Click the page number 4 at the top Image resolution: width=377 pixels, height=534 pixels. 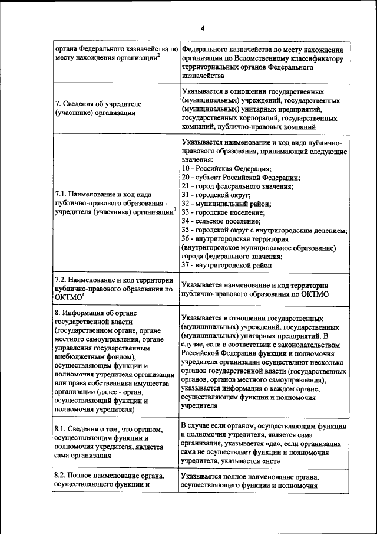[x=201, y=28]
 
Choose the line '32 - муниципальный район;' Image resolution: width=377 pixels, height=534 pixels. [x=226, y=204]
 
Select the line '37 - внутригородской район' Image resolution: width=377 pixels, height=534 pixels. [x=226, y=265]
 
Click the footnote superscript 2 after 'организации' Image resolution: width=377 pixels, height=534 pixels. [x=158, y=55]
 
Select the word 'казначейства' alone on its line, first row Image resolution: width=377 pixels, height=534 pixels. [x=203, y=76]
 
